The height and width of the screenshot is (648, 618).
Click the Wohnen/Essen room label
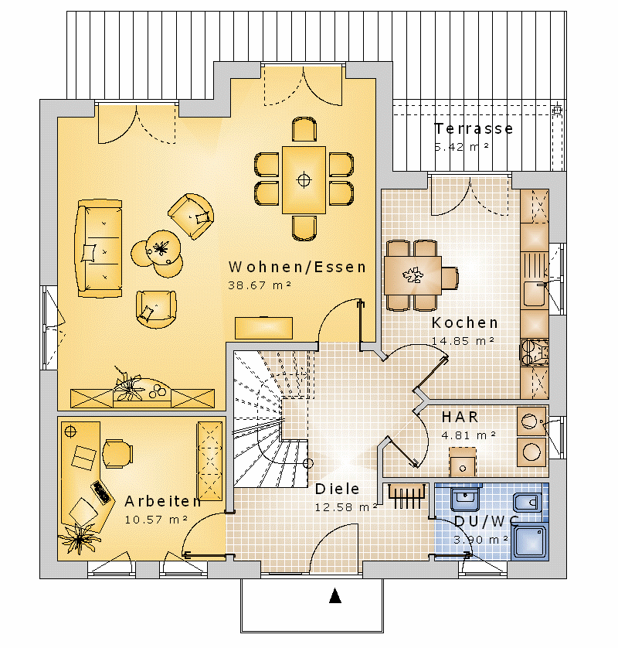click(x=297, y=267)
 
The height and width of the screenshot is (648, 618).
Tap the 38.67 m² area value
click(x=260, y=285)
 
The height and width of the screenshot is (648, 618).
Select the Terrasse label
click(x=474, y=128)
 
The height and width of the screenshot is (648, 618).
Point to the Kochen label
click(x=465, y=322)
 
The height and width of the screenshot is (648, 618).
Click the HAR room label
click(x=460, y=417)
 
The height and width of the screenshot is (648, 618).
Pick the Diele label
click(x=337, y=489)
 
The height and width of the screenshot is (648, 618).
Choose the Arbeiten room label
click(x=163, y=501)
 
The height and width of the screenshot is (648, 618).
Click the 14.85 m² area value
click(x=463, y=341)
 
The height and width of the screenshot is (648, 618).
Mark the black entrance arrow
click(x=335, y=596)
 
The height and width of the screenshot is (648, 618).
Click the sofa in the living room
click(x=99, y=248)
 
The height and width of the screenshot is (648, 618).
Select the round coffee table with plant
click(x=163, y=248)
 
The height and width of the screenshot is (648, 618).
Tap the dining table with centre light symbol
click(x=304, y=179)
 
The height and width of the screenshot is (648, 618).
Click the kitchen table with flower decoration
click(x=413, y=275)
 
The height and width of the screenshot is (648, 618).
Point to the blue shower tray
click(x=530, y=542)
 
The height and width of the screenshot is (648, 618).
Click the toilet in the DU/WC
click(x=527, y=503)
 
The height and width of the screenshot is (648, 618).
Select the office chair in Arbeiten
click(x=117, y=453)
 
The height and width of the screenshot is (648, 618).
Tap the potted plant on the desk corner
click(x=80, y=537)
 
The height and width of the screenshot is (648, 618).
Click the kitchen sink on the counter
click(x=535, y=294)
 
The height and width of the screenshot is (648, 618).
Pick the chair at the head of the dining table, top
click(x=304, y=129)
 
